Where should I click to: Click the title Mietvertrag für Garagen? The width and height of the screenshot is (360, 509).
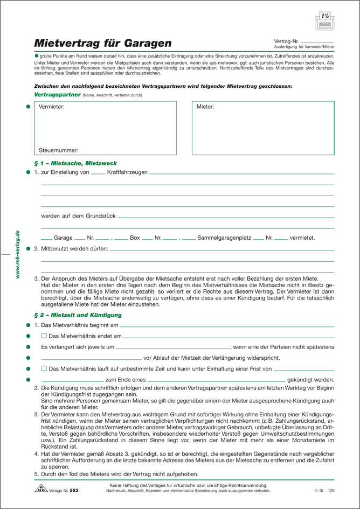103,43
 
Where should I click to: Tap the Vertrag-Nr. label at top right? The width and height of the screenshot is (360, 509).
286,41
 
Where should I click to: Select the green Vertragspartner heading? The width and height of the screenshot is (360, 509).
57,94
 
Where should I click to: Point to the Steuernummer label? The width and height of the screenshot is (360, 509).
58,150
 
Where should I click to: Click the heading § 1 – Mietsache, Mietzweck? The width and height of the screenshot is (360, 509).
75,163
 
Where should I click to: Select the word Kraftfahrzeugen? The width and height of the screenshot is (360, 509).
127,172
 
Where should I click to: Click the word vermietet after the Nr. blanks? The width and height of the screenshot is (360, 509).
302,238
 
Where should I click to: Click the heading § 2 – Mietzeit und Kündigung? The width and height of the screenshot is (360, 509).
78,315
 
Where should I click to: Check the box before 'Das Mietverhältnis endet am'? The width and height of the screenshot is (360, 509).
44,336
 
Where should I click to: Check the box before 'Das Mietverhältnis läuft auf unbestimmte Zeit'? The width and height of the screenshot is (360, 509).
44,368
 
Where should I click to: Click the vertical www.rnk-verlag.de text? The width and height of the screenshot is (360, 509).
17,254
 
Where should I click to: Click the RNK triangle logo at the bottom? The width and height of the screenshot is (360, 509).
42,489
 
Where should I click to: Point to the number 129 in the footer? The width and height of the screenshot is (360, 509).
331,491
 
